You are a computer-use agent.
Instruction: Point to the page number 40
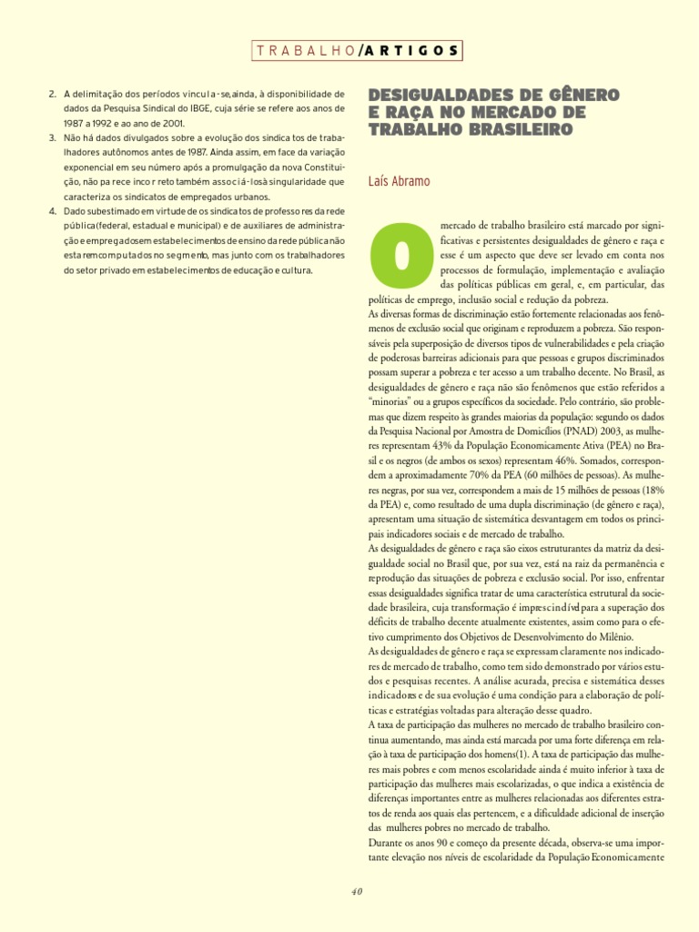pyautogui.click(x=356, y=891)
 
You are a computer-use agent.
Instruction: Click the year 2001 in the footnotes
pyautogui.click(x=173, y=123)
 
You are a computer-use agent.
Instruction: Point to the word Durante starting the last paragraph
pyautogui.click(x=389, y=842)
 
